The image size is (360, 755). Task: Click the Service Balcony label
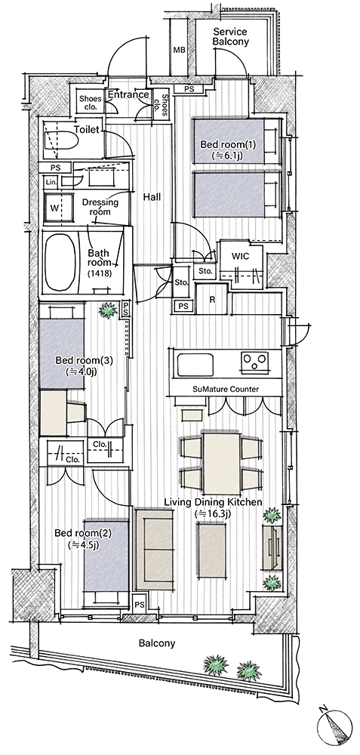[230, 36]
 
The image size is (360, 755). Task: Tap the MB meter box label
[179, 50]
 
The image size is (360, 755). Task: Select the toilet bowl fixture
[60, 142]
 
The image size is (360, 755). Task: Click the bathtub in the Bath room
[60, 262]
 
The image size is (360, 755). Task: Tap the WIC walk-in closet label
[240, 256]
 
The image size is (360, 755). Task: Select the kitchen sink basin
[195, 365]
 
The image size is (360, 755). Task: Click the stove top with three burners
[255, 363]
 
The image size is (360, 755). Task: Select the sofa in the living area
[154, 548]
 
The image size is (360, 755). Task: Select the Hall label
[152, 196]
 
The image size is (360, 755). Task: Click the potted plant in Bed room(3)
[108, 310]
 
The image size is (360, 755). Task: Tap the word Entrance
[128, 94]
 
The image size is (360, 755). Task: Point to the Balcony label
[157, 643]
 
